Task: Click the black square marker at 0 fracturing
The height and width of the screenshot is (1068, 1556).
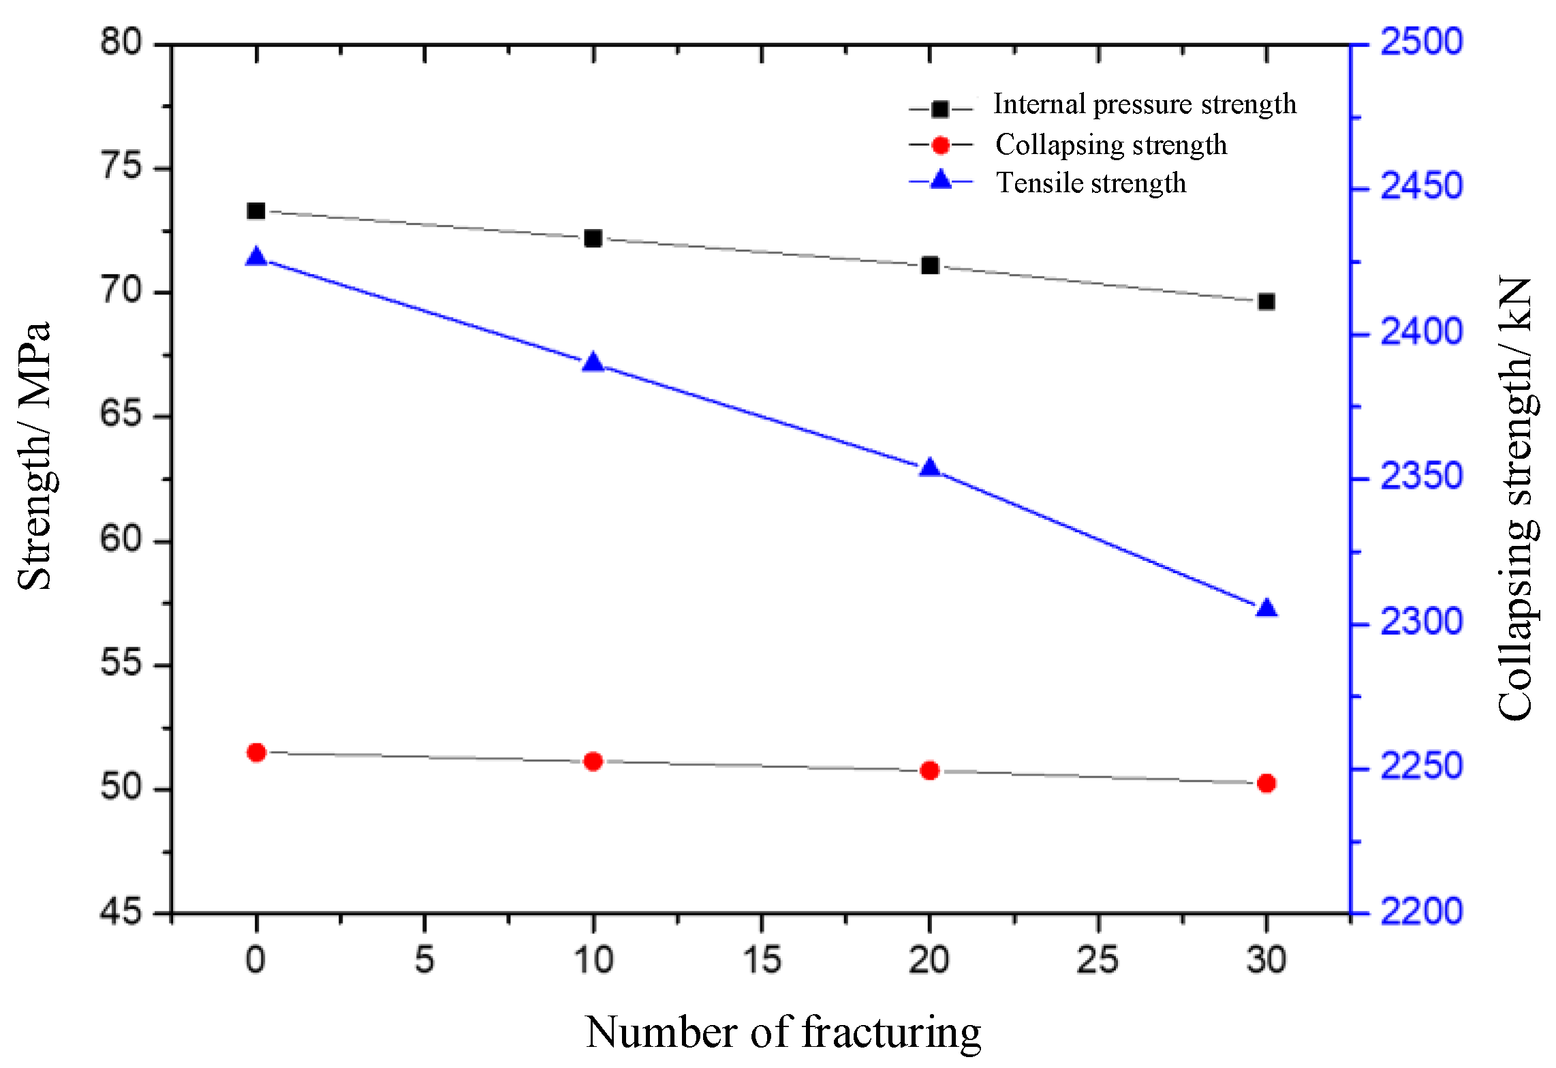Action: (256, 211)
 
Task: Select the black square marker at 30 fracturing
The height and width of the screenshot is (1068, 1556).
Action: (1266, 301)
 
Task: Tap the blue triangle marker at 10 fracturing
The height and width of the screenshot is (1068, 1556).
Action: (593, 363)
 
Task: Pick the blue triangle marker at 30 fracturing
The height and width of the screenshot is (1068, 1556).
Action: (1266, 608)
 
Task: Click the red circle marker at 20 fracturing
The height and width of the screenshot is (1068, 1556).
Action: (930, 770)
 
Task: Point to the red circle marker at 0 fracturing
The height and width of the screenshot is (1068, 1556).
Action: (256, 752)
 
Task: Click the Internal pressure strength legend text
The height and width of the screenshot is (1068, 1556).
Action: (1145, 104)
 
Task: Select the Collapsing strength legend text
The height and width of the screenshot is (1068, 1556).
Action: (1111, 144)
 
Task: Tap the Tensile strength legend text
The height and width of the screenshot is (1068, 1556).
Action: (1091, 183)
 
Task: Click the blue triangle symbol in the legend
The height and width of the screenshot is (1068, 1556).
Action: (941, 180)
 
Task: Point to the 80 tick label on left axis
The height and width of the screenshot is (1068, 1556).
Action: (121, 42)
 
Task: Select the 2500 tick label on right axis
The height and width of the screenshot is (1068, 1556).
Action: (1421, 42)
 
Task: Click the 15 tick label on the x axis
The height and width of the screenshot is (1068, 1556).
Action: (762, 960)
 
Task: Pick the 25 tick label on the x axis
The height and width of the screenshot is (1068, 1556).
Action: (1098, 960)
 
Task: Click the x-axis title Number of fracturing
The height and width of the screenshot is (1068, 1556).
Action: (783, 1032)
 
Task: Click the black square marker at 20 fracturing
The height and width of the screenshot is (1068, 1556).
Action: (930, 265)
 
